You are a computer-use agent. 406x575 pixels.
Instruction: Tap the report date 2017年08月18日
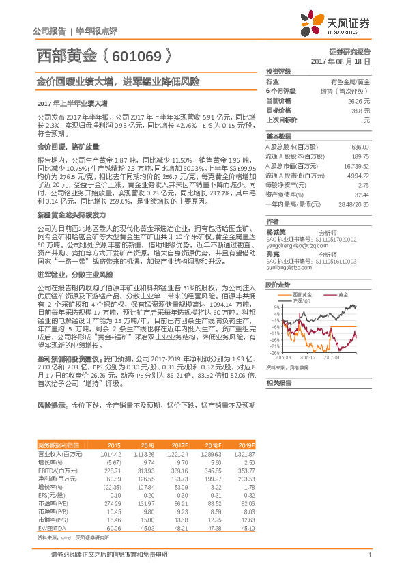pos(340,61)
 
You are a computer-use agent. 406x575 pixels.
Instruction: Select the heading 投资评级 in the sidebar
pos(278,71)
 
